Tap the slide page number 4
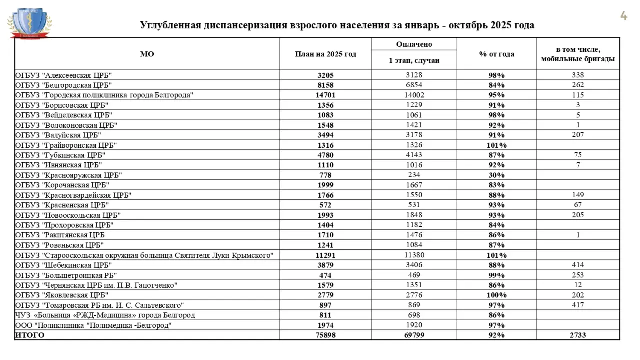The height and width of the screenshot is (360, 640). pyautogui.click(x=623, y=16)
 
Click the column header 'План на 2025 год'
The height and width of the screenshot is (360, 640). pyautogui.click(x=325, y=54)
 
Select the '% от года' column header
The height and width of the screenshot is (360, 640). pyautogui.click(x=496, y=54)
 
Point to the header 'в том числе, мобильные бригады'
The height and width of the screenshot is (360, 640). pyautogui.click(x=578, y=54)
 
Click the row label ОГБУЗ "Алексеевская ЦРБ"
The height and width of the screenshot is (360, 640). pyautogui.click(x=63, y=75)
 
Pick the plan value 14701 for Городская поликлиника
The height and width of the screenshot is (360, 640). pyautogui.click(x=325, y=95)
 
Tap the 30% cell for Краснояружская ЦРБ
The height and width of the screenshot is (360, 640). pyautogui.click(x=496, y=175)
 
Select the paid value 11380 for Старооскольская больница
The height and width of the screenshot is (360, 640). pyautogui.click(x=414, y=255)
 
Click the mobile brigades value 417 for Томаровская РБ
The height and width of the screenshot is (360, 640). pyautogui.click(x=578, y=305)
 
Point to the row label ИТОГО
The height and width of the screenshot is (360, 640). pyautogui.click(x=30, y=335)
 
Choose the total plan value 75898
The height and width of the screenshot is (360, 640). pyautogui.click(x=325, y=335)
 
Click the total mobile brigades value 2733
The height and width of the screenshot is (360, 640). pyautogui.click(x=578, y=335)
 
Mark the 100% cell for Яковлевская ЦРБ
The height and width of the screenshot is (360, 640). pyautogui.click(x=496, y=295)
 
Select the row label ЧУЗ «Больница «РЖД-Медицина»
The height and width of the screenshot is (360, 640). pyautogui.click(x=105, y=315)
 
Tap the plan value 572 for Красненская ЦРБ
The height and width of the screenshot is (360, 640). pyautogui.click(x=325, y=205)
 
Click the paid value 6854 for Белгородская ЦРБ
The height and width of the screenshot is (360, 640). pyautogui.click(x=414, y=85)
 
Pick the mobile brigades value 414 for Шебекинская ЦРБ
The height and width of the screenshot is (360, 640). pyautogui.click(x=578, y=265)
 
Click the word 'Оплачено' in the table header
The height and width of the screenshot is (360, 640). pyautogui.click(x=414, y=44)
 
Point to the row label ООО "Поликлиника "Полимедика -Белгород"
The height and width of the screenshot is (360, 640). pyautogui.click(x=93, y=325)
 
